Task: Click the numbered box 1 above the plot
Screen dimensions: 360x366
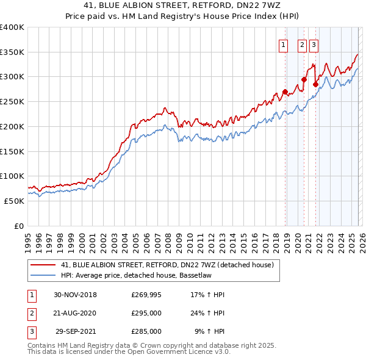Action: (x=284, y=44)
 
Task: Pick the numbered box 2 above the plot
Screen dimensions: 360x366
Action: (x=302, y=44)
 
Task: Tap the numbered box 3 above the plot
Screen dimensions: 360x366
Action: (x=314, y=44)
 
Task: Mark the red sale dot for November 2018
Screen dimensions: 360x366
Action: (x=285, y=92)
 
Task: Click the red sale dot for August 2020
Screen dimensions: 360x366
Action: (x=304, y=79)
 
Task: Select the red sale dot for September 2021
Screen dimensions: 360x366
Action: (x=315, y=85)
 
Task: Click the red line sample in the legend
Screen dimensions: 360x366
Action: (x=43, y=265)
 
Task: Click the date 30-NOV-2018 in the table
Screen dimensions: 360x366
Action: (x=76, y=295)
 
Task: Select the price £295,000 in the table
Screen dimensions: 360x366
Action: (x=146, y=313)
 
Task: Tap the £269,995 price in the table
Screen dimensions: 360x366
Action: (x=146, y=295)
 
